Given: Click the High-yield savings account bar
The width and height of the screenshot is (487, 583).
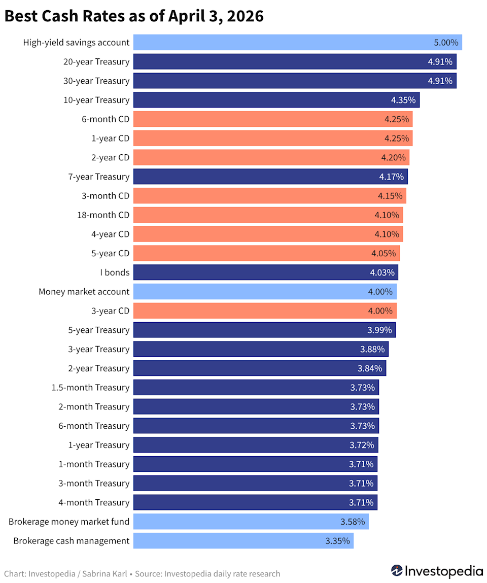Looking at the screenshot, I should point(297,43).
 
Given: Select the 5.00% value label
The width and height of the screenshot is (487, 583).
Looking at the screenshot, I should point(446,43).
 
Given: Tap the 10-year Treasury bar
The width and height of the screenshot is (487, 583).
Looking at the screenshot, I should point(276,100).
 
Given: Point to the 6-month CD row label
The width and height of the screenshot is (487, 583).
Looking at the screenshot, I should point(106,119).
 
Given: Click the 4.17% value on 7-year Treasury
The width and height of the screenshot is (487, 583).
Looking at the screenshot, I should point(391,177).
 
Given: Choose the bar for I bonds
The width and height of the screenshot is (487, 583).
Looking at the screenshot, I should point(265,272).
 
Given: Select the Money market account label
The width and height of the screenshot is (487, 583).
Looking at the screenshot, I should point(84,292).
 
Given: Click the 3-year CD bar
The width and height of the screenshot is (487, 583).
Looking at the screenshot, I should point(264,311).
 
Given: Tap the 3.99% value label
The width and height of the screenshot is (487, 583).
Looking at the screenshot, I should point(379,330).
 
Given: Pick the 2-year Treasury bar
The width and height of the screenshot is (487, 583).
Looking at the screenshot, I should point(259,368).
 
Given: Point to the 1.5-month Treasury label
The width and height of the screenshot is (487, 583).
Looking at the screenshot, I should point(90,388).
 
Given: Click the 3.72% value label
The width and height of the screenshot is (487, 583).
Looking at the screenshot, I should point(362,445).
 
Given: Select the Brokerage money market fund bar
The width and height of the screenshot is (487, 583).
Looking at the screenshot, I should point(251,522).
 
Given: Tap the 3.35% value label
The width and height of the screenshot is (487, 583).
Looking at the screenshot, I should point(337,541).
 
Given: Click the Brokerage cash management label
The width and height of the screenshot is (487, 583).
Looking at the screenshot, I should point(72,541).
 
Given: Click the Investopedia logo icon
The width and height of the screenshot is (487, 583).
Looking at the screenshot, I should point(397,571).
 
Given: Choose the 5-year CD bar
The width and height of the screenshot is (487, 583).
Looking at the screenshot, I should point(266,253).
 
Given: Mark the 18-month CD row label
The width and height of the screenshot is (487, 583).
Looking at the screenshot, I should point(103,215).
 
